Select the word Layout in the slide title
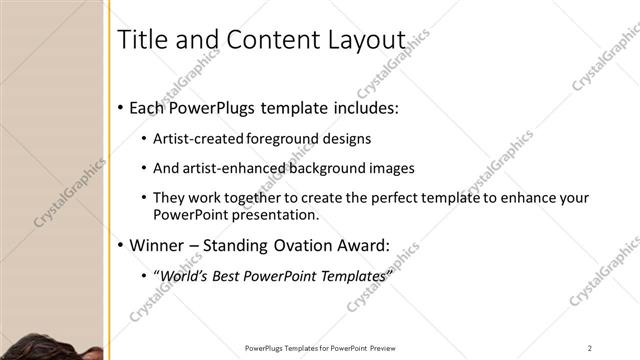point(366,40)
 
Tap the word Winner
point(159,245)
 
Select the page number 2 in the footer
point(590,347)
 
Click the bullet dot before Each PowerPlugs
point(121,107)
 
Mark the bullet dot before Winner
point(121,245)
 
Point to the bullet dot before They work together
point(144,198)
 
